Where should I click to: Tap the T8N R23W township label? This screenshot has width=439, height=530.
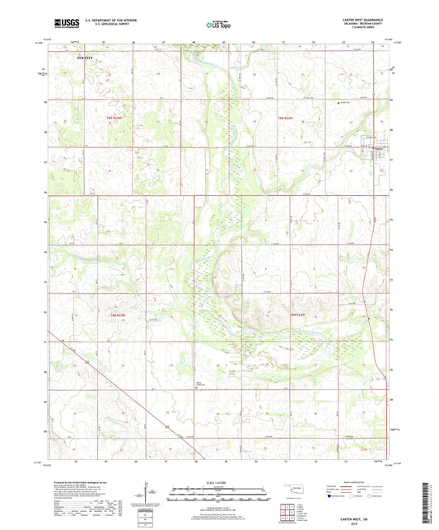tap(119, 314)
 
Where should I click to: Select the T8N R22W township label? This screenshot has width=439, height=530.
tap(298, 314)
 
